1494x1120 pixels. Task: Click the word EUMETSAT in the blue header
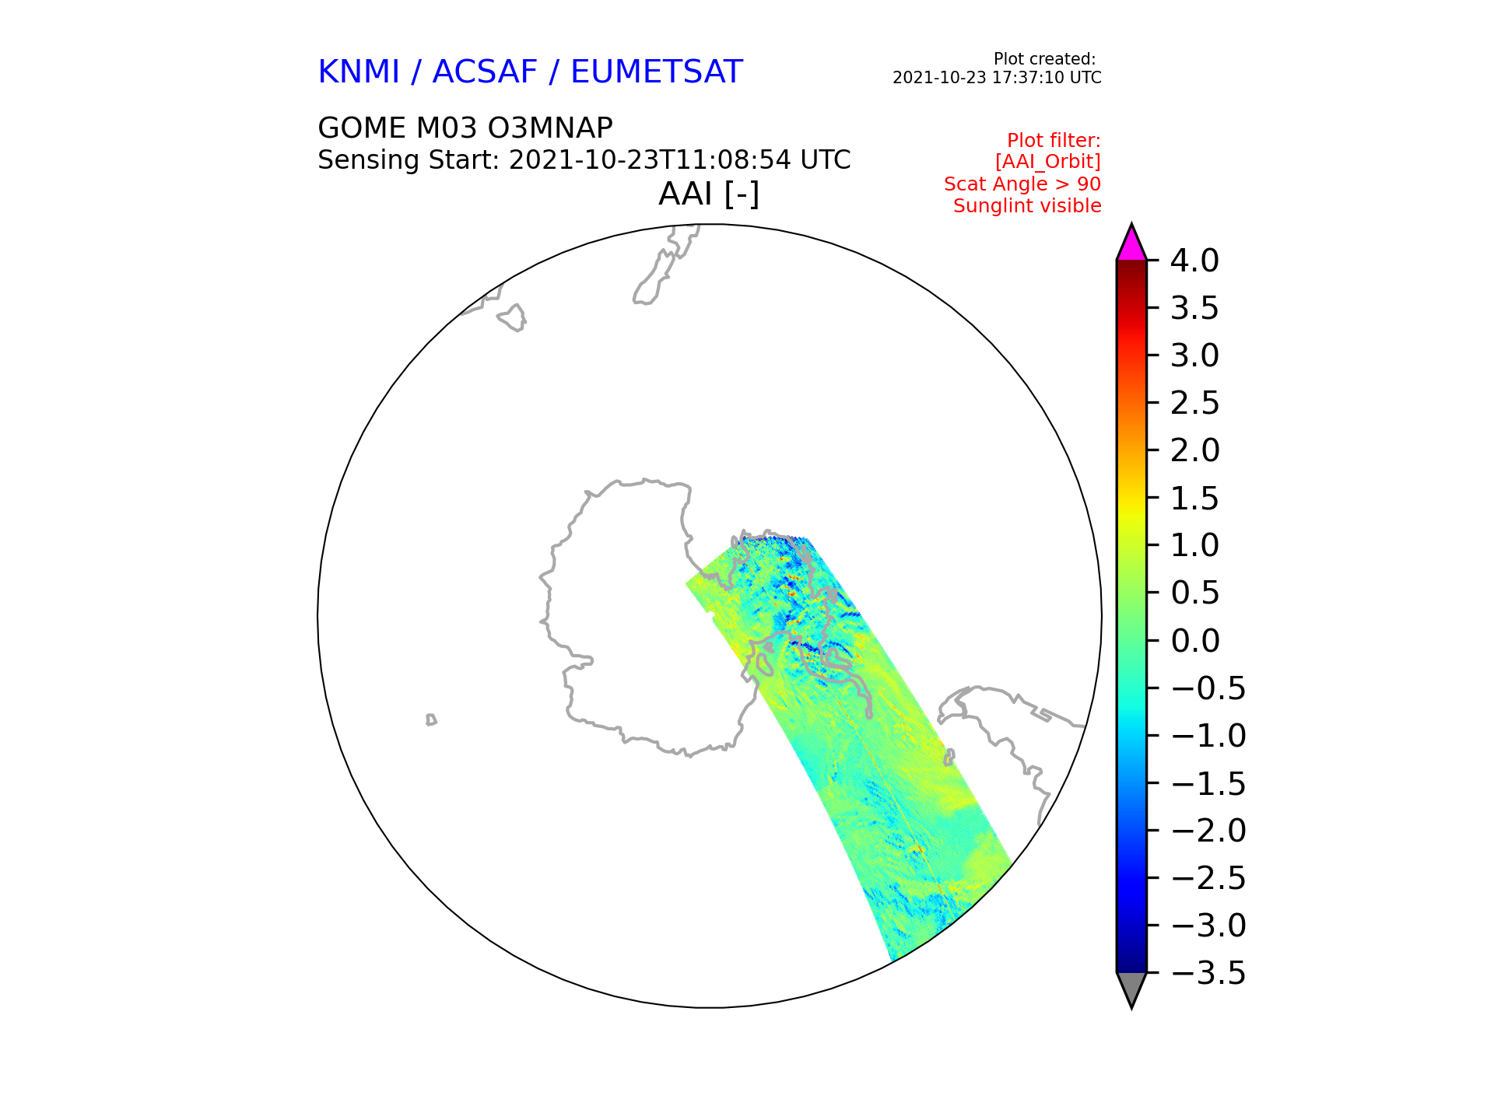click(657, 72)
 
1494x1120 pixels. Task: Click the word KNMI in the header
click(359, 72)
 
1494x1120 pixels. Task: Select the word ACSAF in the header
click(485, 72)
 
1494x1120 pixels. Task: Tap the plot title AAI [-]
click(709, 194)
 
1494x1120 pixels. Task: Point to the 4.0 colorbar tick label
click(1194, 261)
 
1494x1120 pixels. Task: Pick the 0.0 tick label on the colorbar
click(1194, 641)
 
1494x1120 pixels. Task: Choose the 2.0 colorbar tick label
click(1194, 450)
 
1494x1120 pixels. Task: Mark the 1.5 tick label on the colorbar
click(1194, 499)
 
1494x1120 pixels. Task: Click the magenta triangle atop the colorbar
click(1131, 243)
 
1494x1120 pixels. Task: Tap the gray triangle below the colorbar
click(1131, 989)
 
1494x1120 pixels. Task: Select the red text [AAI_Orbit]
click(1048, 163)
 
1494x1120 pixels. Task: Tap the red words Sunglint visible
click(1027, 206)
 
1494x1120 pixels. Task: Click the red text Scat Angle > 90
click(1022, 184)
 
